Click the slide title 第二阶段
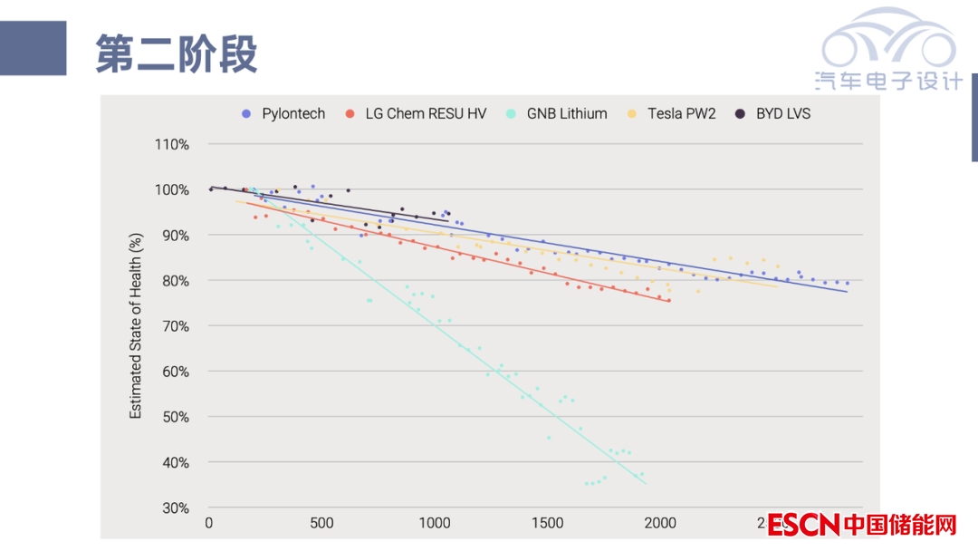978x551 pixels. pos(177,54)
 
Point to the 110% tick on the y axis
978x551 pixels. pos(170,144)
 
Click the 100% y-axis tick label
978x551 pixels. pos(170,189)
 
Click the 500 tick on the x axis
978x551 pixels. pos(321,523)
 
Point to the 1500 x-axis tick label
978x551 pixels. pos(547,523)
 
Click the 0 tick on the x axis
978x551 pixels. pos(209,523)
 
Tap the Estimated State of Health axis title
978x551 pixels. pos(136,325)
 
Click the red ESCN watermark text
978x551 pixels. pos(804,525)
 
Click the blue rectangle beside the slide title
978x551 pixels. pos(33,48)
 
